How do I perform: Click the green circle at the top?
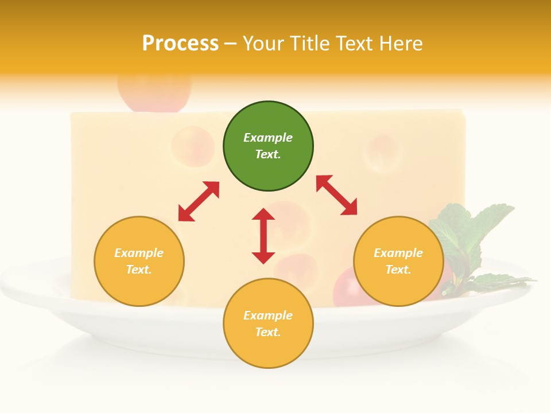[x=268, y=146]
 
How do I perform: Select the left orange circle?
[x=139, y=261]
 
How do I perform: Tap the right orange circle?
[x=398, y=261]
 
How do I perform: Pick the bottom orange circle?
[x=268, y=324]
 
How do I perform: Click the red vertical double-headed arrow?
[x=263, y=236]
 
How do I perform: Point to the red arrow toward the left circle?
[x=199, y=201]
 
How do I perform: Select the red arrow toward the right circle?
[x=337, y=195]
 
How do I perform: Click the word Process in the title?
[x=180, y=44]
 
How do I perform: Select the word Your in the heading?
[x=264, y=44]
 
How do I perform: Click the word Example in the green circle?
[x=268, y=138]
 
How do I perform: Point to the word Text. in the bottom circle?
[x=268, y=332]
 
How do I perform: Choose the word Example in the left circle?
[x=139, y=253]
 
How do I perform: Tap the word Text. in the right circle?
[x=398, y=270]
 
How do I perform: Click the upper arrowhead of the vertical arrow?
[x=263, y=215]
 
